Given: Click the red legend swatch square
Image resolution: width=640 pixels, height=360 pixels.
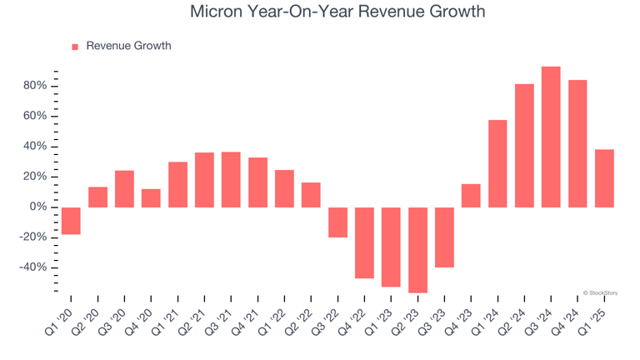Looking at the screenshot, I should [x=75, y=47].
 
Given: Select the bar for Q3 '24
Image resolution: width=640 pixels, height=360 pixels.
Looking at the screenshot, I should [x=551, y=137].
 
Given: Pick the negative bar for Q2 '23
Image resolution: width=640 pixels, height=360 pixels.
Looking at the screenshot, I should [x=417, y=249].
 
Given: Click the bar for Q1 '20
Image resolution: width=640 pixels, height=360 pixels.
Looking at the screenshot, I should [x=71, y=221].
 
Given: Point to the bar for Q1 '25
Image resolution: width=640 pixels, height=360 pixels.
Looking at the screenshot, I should [x=604, y=178].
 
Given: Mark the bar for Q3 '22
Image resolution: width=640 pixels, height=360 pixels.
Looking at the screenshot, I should [x=337, y=222].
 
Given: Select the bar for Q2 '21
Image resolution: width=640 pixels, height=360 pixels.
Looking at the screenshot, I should [x=204, y=179].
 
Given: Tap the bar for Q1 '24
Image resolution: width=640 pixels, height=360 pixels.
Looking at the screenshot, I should [x=497, y=163].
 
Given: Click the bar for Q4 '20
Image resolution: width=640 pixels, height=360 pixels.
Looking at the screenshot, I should [x=151, y=197].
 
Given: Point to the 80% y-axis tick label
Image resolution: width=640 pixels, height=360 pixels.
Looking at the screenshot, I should [x=40, y=86].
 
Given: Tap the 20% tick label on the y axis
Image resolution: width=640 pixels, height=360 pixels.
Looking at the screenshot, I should [x=40, y=177].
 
